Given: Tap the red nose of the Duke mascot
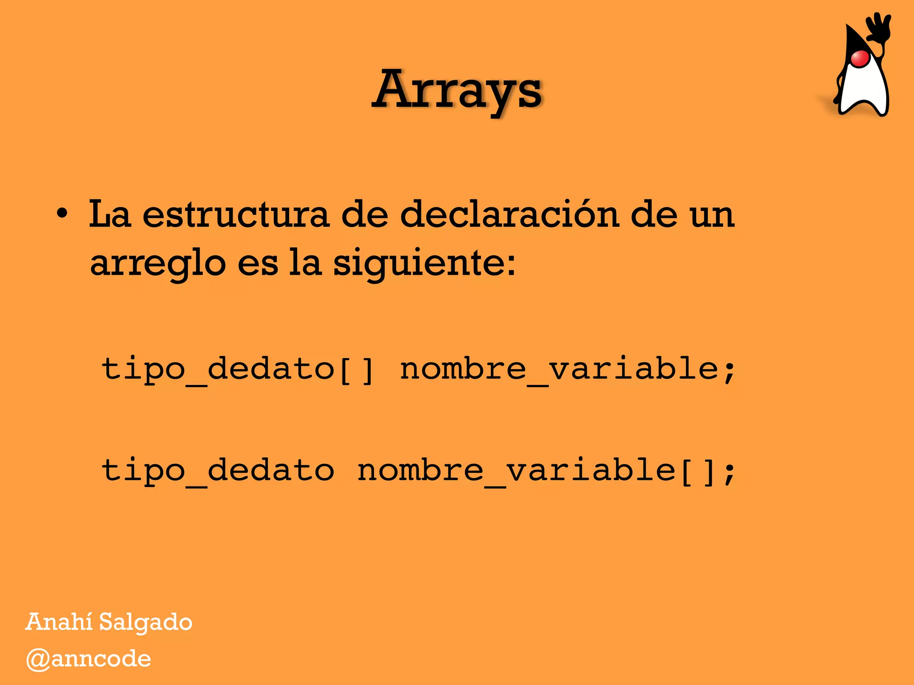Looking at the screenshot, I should [x=860, y=58].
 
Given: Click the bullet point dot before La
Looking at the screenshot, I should [x=62, y=214].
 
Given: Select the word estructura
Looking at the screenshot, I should [x=236, y=215].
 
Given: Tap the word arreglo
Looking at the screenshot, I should [x=158, y=263].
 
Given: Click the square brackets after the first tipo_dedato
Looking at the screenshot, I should [x=356, y=370].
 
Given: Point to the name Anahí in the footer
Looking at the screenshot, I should [x=59, y=622].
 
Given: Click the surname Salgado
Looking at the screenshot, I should [x=145, y=623].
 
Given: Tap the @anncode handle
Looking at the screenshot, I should [x=88, y=659].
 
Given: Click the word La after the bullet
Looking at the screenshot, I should [x=110, y=215].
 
